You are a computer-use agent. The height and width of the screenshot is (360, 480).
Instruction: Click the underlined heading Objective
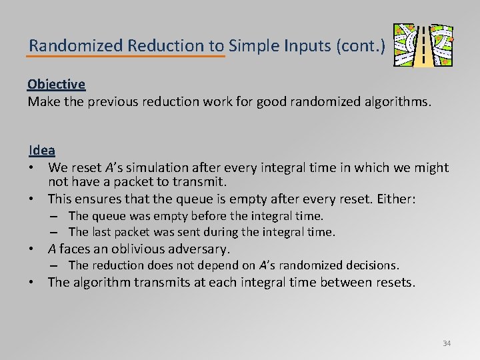click(56, 85)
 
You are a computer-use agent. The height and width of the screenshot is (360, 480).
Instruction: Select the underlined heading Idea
click(41, 151)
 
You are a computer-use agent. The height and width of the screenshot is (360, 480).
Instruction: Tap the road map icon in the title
click(423, 45)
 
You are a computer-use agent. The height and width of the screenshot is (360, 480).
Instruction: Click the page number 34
click(446, 343)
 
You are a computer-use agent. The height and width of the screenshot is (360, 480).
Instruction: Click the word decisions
click(374, 265)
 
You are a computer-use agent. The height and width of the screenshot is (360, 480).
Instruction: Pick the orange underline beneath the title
click(127, 57)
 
